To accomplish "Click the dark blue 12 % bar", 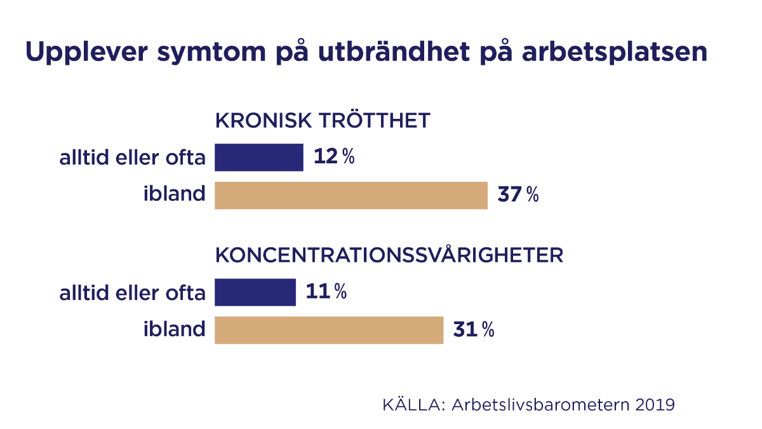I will tap(259, 158).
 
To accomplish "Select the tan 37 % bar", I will tap(351, 195).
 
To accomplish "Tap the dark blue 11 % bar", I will tap(255, 292).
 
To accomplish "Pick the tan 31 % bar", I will tap(329, 330).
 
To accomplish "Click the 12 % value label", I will tap(334, 157).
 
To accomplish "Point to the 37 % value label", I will tap(518, 195).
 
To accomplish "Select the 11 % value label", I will tap(326, 292).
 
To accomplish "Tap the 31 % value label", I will tap(474, 330).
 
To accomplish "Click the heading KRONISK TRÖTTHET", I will tap(323, 121).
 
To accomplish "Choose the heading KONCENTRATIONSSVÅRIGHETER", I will tap(389, 255).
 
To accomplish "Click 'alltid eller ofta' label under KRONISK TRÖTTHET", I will tap(132, 158).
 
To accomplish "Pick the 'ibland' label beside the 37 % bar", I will tap(174, 194).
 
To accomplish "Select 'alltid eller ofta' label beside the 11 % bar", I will tap(132, 293).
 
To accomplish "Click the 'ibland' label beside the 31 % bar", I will tap(174, 329).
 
